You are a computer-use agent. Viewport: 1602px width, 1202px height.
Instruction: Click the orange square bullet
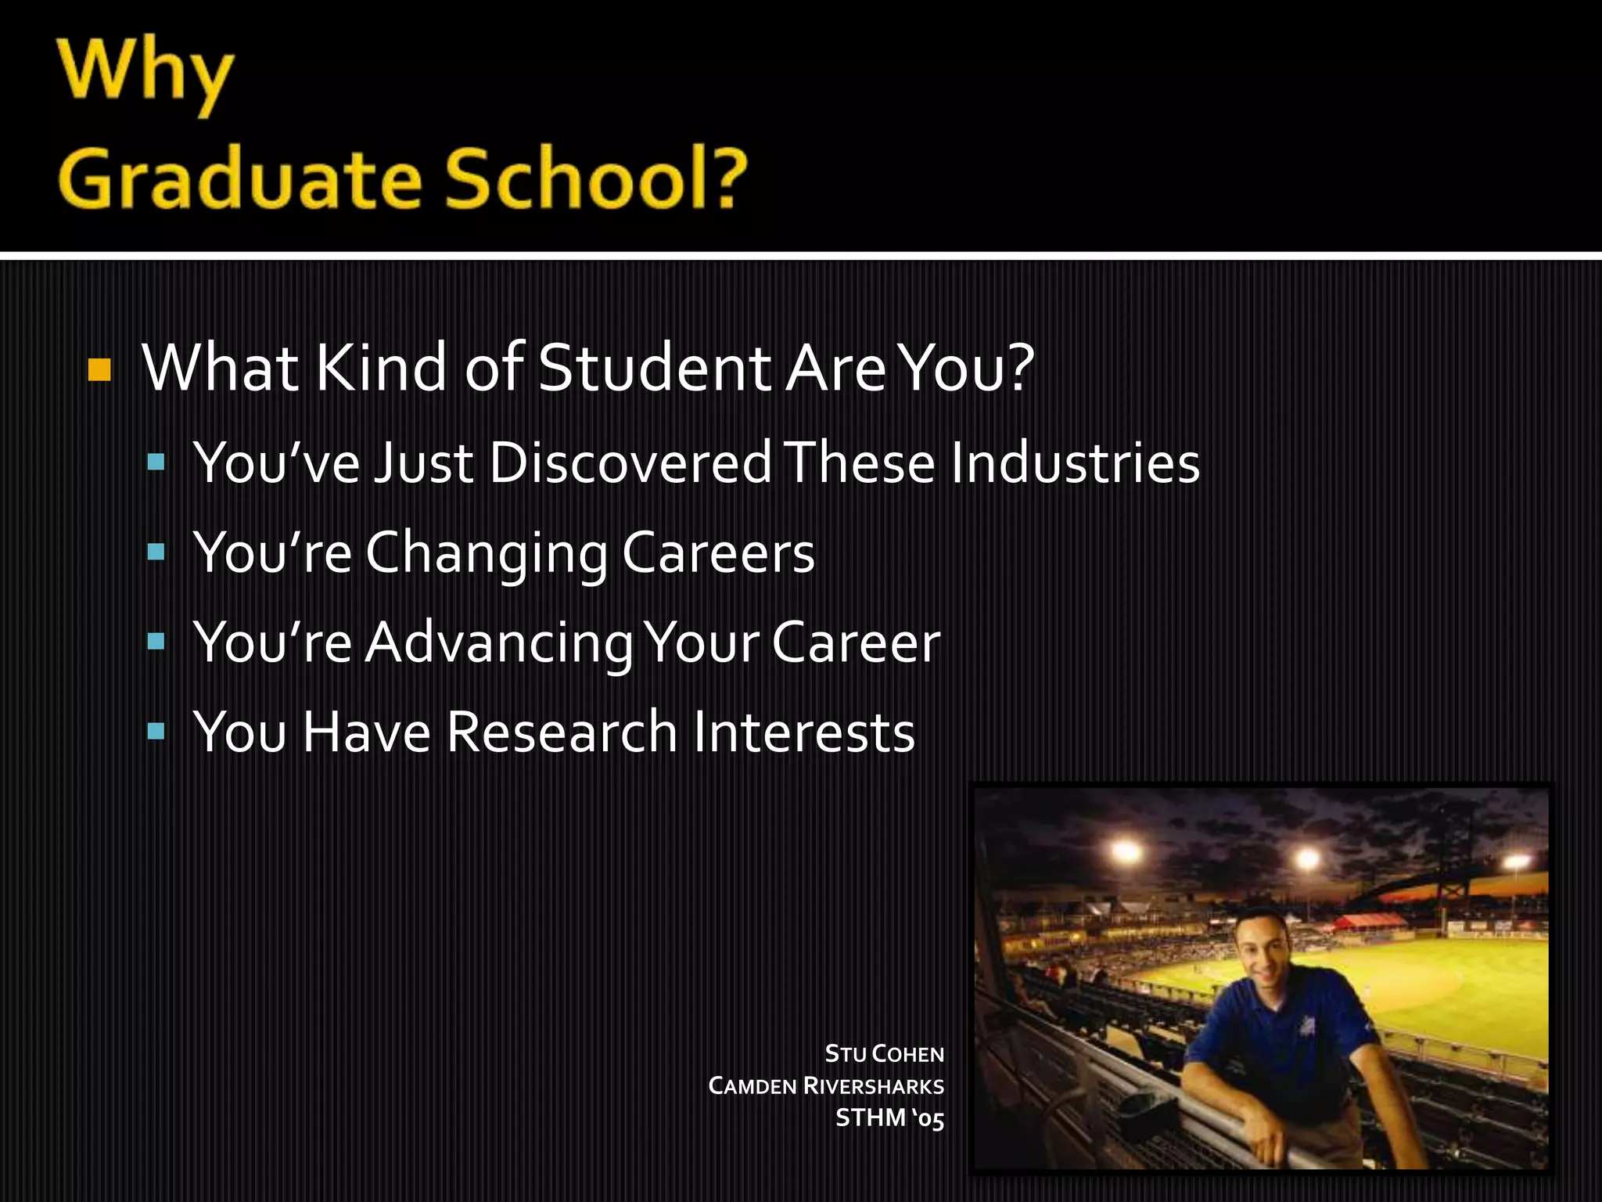point(99,369)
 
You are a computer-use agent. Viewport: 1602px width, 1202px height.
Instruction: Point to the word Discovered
point(630,462)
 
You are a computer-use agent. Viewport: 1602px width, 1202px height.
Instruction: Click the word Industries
point(1075,462)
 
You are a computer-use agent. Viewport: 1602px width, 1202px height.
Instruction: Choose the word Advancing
point(498,643)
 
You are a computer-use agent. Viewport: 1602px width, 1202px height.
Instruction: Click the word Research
point(562,732)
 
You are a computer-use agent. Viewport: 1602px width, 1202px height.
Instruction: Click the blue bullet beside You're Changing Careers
point(156,552)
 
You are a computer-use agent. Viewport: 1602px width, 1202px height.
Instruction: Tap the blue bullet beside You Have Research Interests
point(156,732)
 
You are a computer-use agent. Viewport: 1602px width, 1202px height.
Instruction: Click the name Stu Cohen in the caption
point(884,1054)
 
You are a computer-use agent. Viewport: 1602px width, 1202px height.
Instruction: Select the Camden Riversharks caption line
point(826,1086)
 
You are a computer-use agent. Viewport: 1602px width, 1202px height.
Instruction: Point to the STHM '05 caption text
point(889,1118)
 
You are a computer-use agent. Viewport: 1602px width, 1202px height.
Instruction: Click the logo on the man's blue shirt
point(1306,1025)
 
